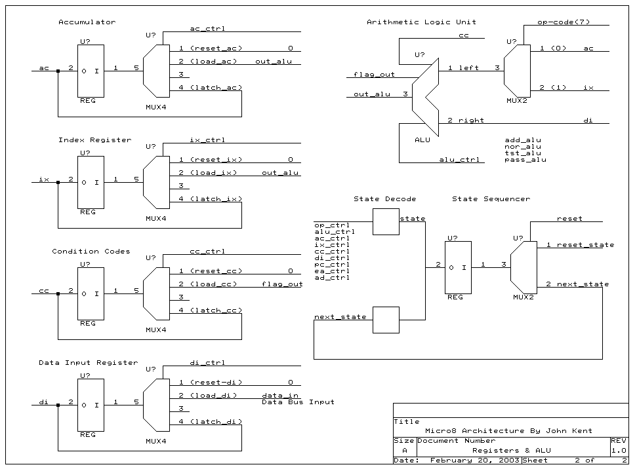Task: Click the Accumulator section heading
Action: tap(87, 22)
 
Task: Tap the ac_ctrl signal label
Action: tap(207, 29)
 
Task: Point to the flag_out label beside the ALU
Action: tap(374, 75)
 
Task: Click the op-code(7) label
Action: tap(564, 22)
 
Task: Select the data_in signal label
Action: tap(280, 396)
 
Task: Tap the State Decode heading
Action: tap(384, 199)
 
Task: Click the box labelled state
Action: tap(386, 221)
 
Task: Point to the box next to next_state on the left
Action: tap(386, 320)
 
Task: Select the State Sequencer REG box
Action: tap(458, 267)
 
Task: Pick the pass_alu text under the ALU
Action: tap(525, 160)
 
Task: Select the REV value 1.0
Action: tap(619, 451)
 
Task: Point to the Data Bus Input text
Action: tap(298, 402)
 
